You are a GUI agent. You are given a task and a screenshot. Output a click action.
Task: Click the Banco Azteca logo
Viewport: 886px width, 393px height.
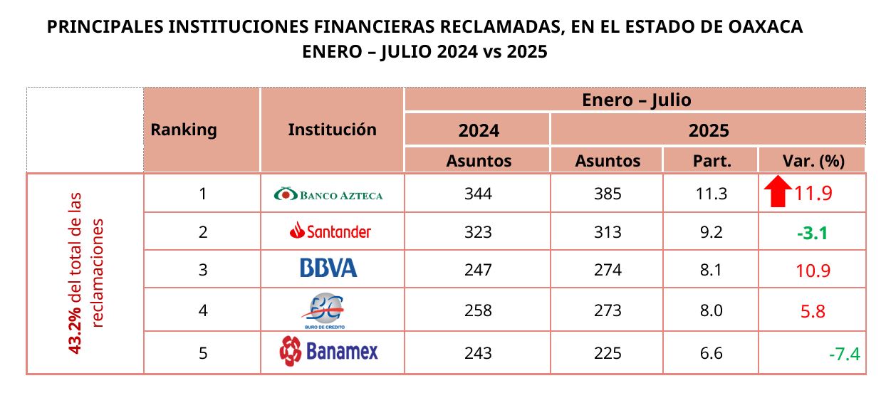[x=328, y=194]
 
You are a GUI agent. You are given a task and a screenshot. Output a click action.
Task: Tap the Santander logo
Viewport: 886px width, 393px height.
[x=330, y=231]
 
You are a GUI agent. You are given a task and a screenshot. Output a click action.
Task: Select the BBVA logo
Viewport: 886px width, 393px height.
[x=329, y=268]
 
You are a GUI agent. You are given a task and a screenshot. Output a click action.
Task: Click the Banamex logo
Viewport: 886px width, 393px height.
[x=329, y=351]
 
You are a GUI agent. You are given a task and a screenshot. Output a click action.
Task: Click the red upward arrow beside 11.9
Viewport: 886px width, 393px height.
[x=778, y=192]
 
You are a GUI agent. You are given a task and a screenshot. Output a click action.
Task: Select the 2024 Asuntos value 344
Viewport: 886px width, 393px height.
[x=478, y=194]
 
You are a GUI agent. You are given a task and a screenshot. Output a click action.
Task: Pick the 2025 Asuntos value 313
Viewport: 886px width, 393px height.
[x=608, y=231]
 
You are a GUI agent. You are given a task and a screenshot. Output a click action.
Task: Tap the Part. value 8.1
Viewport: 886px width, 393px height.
[x=712, y=270]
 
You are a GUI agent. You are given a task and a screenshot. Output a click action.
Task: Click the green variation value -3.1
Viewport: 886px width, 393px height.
[x=813, y=233]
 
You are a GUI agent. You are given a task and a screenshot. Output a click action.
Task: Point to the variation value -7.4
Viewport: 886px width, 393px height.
[x=844, y=354]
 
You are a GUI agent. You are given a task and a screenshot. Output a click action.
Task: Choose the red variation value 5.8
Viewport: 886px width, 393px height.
[x=813, y=312]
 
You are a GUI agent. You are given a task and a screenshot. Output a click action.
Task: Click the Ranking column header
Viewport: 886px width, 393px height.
[x=184, y=130]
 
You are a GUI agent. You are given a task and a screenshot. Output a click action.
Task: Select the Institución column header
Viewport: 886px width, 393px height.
[x=332, y=130]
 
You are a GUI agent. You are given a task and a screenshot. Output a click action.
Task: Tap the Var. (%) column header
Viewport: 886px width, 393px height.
[x=813, y=161]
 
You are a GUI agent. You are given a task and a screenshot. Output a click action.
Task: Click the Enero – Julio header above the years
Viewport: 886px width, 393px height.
[x=637, y=100]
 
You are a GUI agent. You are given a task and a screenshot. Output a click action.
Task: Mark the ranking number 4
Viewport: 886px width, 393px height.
[x=203, y=310]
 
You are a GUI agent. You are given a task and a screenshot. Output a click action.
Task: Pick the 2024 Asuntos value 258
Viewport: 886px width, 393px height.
[x=478, y=310]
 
